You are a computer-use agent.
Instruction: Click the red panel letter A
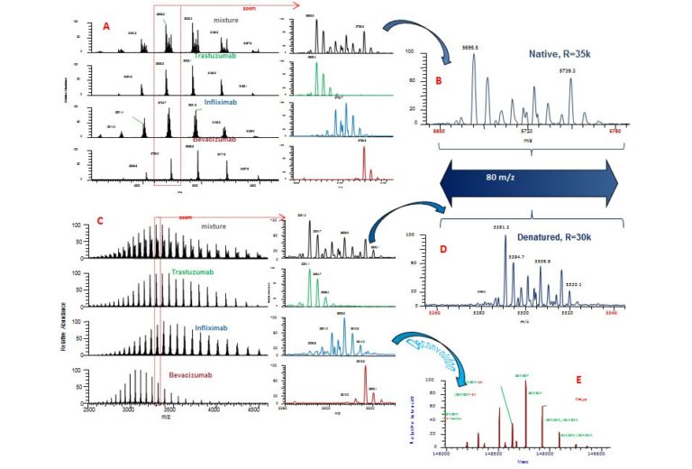(x=105, y=27)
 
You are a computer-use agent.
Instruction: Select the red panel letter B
(x=439, y=82)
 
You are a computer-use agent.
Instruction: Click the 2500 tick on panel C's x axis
(x=89, y=410)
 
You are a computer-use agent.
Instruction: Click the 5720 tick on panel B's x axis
(x=528, y=131)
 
